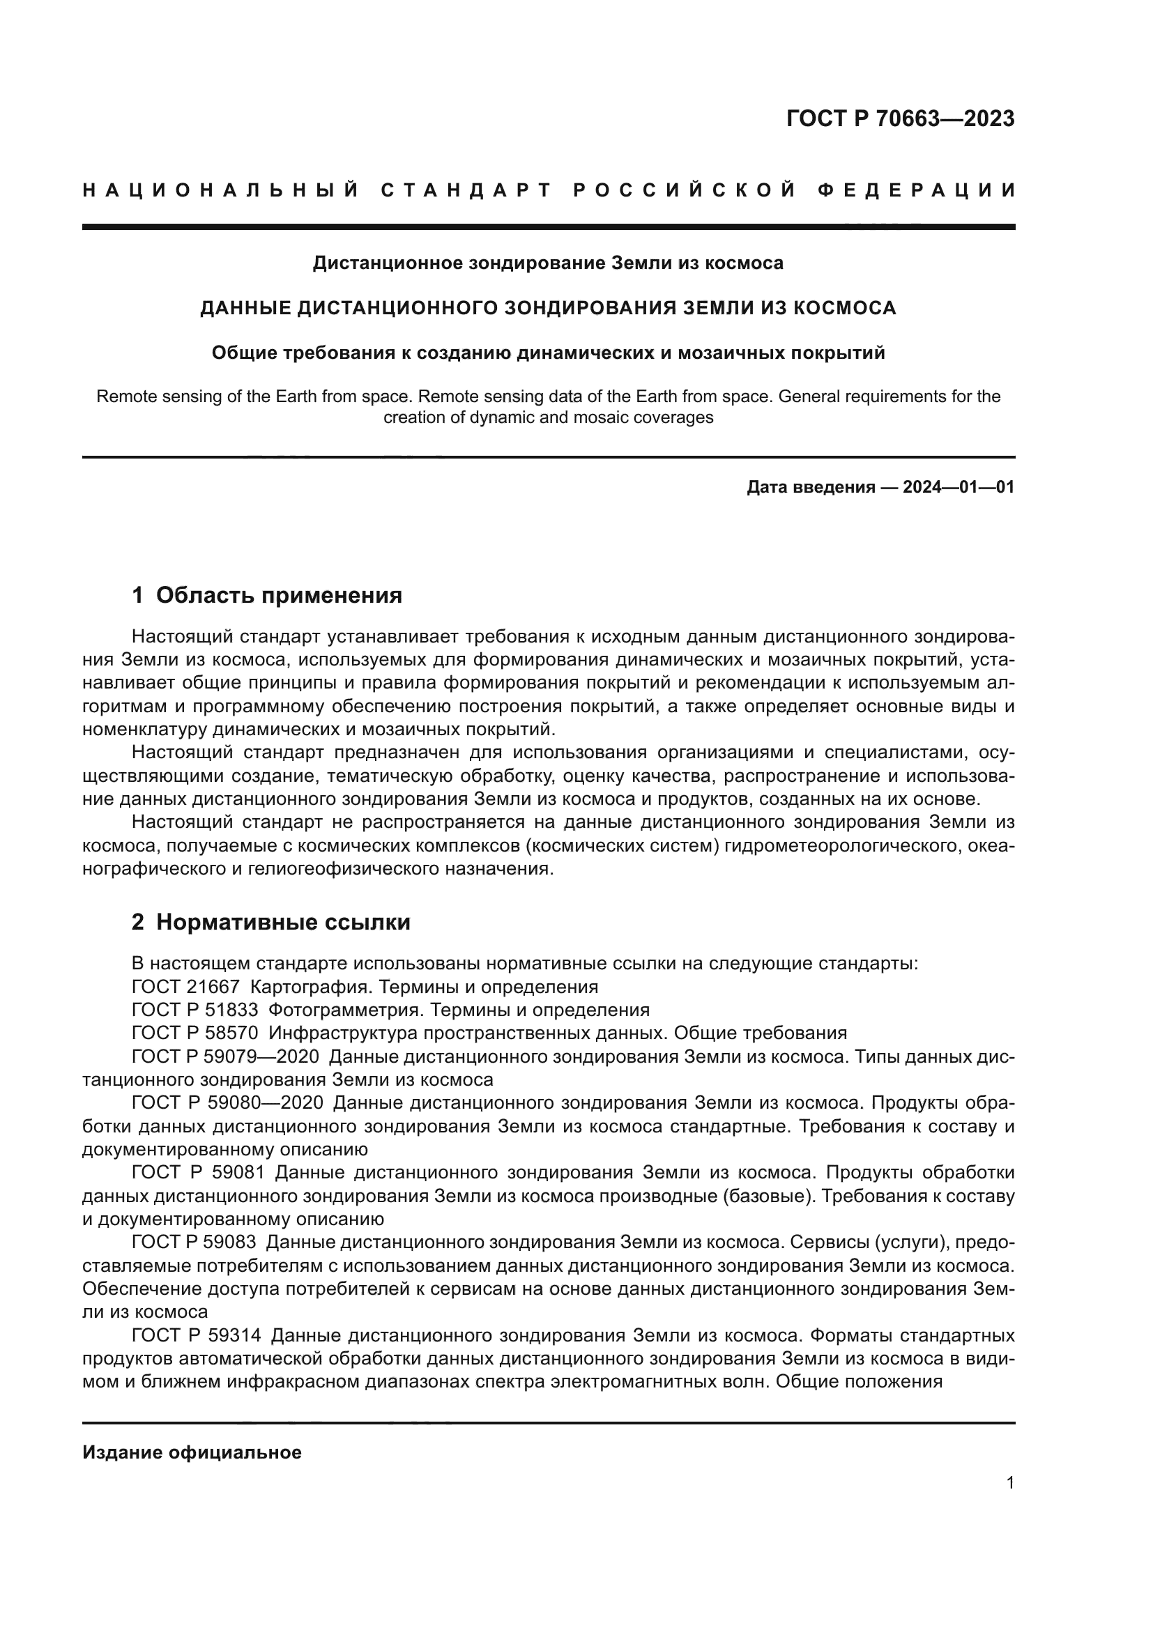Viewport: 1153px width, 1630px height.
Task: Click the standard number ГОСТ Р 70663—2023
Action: point(900,118)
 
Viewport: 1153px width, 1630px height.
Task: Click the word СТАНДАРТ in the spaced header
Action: point(466,190)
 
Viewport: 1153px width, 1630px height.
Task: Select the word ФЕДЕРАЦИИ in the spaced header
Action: point(916,190)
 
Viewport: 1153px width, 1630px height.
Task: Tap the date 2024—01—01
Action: point(959,487)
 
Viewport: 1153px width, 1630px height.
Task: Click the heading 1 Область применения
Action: point(267,595)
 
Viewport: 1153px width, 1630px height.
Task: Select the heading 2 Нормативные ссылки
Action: point(271,922)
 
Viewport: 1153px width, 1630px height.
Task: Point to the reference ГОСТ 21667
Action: point(186,987)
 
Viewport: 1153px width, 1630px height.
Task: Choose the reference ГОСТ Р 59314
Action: point(197,1335)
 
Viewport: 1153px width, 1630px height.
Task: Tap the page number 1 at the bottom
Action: point(1009,1483)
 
